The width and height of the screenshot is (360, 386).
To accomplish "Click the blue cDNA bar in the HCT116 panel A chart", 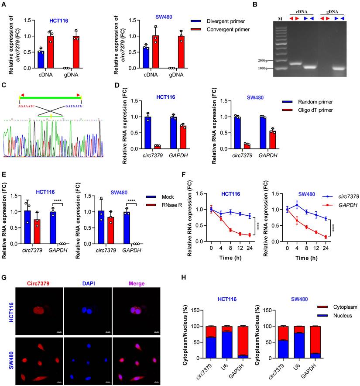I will pos(41,59).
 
